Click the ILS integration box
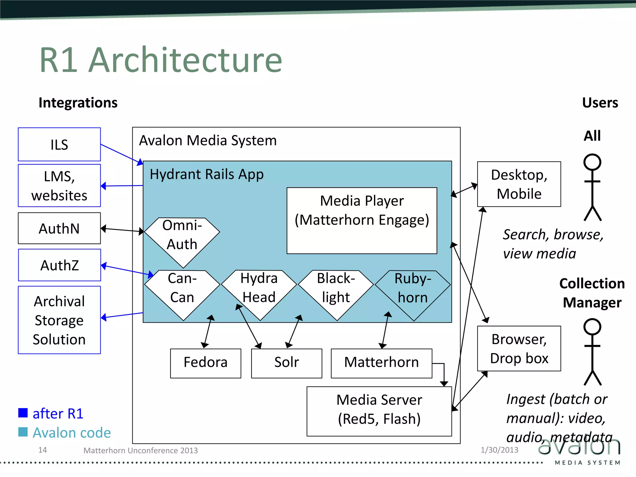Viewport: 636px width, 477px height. [59, 144]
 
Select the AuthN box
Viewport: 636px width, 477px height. [59, 228]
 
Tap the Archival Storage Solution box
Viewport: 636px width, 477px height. [59, 320]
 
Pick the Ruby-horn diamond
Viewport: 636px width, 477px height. [413, 292]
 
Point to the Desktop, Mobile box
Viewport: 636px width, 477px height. [519, 184]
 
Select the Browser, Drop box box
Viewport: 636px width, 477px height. [519, 348]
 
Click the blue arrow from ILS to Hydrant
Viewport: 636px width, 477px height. [121, 154]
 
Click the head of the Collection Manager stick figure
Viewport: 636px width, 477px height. [592, 327]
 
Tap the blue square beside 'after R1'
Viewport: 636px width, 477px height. [23, 413]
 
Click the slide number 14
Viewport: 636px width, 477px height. [43, 450]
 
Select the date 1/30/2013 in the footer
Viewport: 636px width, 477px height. [499, 450]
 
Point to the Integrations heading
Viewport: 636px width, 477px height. [78, 102]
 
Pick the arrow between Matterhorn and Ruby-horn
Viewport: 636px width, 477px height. [385, 330]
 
